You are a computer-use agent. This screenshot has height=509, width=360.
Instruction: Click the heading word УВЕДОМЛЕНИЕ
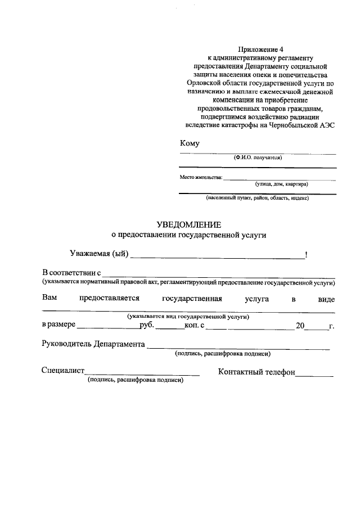189,224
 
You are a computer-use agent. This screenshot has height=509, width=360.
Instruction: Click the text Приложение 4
259,50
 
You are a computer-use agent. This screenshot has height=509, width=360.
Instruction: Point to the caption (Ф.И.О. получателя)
258,157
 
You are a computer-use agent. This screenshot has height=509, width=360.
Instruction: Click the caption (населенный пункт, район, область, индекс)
257,198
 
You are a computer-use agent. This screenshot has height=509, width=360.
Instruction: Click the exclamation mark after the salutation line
306,255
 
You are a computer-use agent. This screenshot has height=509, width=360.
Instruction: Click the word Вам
49,299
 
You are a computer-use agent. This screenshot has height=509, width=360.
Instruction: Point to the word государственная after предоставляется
192,299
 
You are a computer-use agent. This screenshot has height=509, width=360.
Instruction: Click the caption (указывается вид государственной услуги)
188,317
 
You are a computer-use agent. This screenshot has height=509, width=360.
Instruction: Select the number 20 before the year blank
300,325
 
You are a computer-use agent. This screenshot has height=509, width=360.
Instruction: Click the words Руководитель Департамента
93,344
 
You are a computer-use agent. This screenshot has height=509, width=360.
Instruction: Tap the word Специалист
62,371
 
